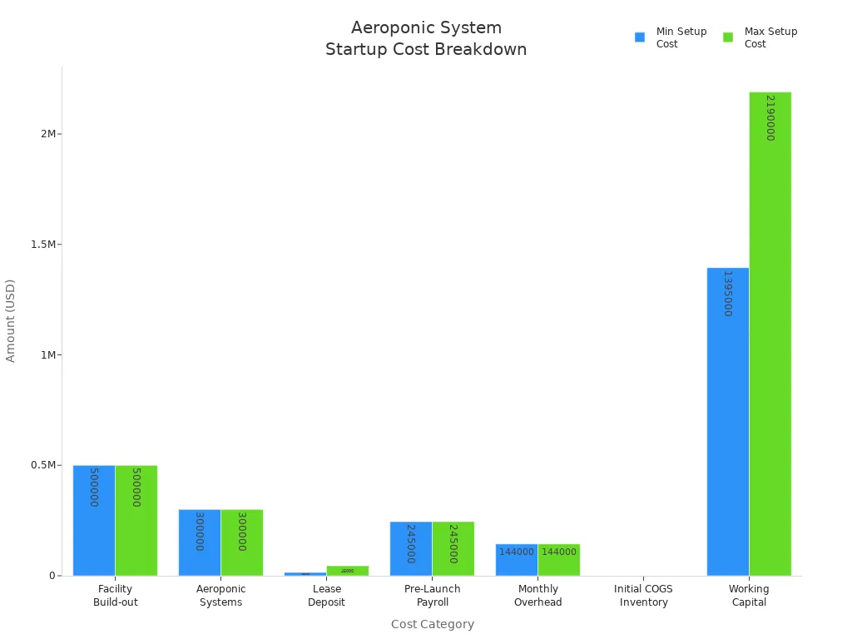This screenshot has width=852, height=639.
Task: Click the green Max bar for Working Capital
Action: click(x=770, y=333)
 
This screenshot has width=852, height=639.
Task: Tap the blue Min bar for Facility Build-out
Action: click(x=93, y=520)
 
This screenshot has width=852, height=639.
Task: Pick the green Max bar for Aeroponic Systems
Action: click(x=241, y=542)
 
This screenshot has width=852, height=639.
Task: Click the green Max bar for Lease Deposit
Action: click(x=347, y=571)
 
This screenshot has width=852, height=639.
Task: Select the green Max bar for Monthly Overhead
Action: click(x=558, y=559)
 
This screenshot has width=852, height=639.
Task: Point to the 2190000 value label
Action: click(x=770, y=117)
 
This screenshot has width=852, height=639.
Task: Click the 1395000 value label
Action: click(x=727, y=293)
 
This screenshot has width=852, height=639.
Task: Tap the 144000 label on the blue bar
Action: click(x=516, y=552)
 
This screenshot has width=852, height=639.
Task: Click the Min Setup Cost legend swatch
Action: click(x=640, y=37)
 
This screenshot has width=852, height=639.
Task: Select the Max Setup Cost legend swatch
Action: click(x=728, y=37)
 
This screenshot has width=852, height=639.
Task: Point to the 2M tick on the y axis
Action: click(x=48, y=134)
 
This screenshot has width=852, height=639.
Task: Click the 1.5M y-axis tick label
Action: click(x=44, y=245)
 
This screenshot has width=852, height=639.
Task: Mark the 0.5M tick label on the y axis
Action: click(x=44, y=465)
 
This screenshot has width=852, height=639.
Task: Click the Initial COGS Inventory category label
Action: click(x=643, y=595)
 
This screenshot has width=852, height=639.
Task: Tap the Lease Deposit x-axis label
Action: click(x=326, y=595)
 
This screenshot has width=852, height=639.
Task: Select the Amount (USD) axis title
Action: click(x=11, y=320)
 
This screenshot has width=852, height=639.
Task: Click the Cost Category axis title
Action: click(x=432, y=624)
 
